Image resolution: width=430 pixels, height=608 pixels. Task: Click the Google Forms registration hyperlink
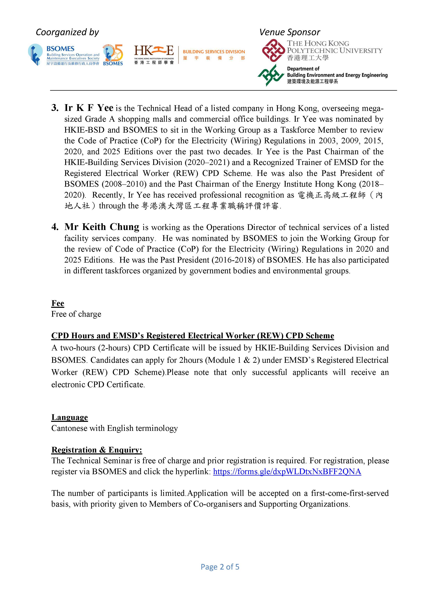click(x=287, y=472)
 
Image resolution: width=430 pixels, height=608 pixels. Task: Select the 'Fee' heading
click(x=58, y=303)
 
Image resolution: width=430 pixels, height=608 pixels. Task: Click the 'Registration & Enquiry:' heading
click(x=97, y=450)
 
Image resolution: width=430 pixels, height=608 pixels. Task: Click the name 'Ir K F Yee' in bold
click(x=89, y=108)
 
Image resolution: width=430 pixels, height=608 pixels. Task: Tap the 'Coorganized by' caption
click(x=67, y=32)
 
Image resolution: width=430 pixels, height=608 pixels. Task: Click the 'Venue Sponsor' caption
click(x=290, y=32)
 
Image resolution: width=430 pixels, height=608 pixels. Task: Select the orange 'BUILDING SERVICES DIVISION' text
click(x=214, y=52)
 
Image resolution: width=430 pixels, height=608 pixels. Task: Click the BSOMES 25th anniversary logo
click(x=113, y=55)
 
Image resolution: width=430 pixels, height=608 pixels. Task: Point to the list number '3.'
click(x=55, y=108)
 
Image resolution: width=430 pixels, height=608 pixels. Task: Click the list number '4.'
click(x=55, y=227)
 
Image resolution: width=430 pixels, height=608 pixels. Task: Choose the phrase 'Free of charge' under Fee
click(x=76, y=314)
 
